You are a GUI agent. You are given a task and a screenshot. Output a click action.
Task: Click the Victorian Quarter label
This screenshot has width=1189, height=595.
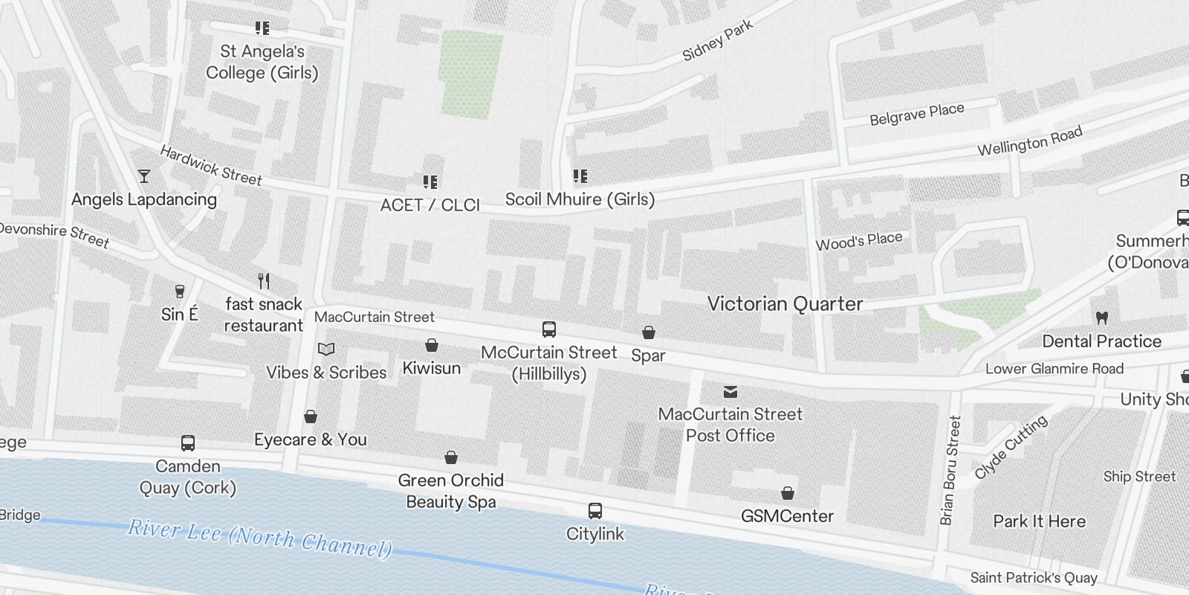click(785, 303)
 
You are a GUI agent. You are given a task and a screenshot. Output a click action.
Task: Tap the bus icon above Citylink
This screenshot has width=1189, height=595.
click(594, 511)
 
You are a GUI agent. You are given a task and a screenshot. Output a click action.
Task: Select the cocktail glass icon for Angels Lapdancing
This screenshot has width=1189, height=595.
click(144, 176)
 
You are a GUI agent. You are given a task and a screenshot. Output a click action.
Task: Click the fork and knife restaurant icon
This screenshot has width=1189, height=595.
click(263, 281)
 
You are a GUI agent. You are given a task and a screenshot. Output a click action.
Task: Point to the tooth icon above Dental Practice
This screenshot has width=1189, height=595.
click(1101, 318)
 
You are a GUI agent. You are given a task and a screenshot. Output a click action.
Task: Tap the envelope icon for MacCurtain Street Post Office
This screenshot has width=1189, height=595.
click(730, 391)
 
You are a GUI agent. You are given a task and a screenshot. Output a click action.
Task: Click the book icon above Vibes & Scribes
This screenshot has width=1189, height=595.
click(326, 349)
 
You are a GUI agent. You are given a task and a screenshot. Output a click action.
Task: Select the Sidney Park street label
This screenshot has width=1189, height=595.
click(717, 40)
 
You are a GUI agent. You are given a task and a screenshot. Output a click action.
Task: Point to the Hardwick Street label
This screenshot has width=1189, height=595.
click(211, 165)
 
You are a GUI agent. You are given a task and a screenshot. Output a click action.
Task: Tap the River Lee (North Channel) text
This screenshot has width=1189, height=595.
click(260, 538)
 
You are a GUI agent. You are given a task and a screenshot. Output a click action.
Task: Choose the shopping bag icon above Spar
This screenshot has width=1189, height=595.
click(648, 332)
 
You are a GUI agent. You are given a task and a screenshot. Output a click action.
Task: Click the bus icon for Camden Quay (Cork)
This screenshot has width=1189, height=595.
click(188, 443)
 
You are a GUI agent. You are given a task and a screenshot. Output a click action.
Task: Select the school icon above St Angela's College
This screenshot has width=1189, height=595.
click(262, 28)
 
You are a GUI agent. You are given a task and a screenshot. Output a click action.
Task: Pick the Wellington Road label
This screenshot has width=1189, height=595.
click(1029, 141)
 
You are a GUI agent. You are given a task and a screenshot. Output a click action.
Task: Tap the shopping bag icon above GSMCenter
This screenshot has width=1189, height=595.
click(787, 493)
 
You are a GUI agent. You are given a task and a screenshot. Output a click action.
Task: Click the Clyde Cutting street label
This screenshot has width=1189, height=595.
click(1011, 447)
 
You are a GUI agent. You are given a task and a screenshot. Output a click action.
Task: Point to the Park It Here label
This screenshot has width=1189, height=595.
click(1039, 521)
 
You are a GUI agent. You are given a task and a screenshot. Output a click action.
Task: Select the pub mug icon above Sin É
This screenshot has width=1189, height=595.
click(179, 291)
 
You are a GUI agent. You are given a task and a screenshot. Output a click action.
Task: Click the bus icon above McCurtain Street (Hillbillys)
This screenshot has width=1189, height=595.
click(548, 329)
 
